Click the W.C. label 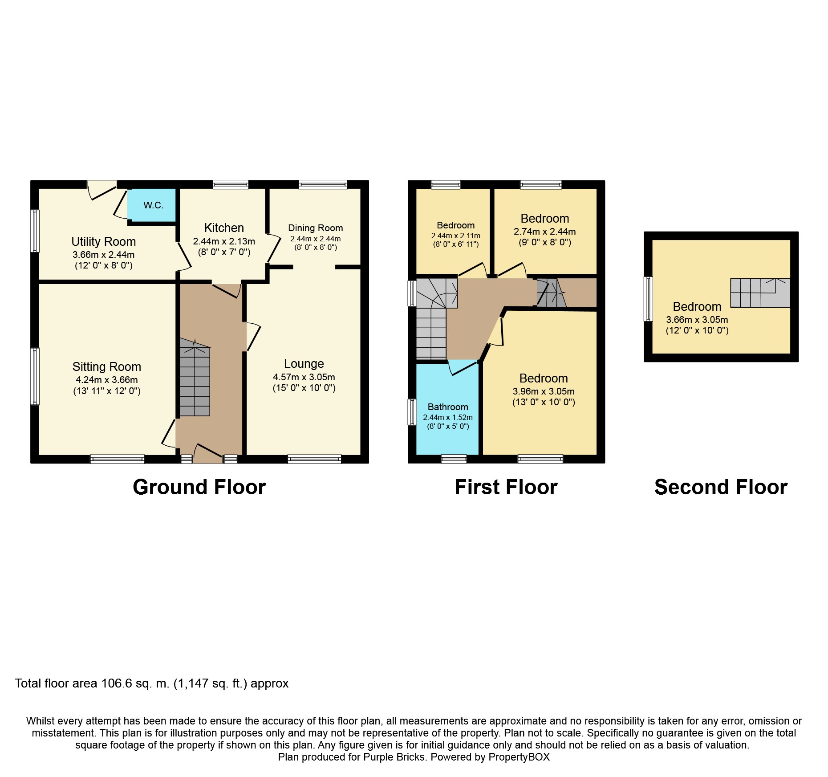pyautogui.click(x=154, y=205)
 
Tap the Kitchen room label pyautogui.click(x=224, y=228)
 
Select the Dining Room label pyautogui.click(x=316, y=228)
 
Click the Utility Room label pyautogui.click(x=104, y=241)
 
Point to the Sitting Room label pyautogui.click(x=107, y=366)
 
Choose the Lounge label pyautogui.click(x=304, y=364)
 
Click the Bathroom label pyautogui.click(x=448, y=407)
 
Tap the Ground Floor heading pyautogui.click(x=199, y=487)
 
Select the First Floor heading pyautogui.click(x=506, y=487)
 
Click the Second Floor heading pyautogui.click(x=721, y=487)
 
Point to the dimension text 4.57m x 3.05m pyautogui.click(x=304, y=377)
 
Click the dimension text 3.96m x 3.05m pyautogui.click(x=544, y=391)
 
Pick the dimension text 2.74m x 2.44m pyautogui.click(x=545, y=232)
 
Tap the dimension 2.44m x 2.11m pyautogui.click(x=456, y=236)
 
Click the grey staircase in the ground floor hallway pyautogui.click(x=195, y=377)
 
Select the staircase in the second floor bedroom pyautogui.click(x=760, y=293)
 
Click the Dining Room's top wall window pyautogui.click(x=323, y=184)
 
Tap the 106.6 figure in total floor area pyautogui.click(x=117, y=683)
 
